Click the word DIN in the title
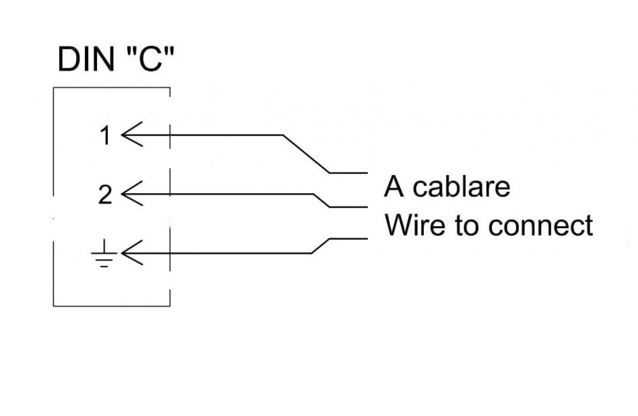[86, 59]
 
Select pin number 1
[106, 135]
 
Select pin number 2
[105, 194]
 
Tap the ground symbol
[104, 253]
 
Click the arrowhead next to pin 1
[132, 134]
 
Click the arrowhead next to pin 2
[132, 194]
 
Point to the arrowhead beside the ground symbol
[132, 253]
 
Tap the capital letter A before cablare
[394, 186]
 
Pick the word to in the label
[467, 226]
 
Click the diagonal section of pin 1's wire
[306, 154]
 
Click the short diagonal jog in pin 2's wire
[322, 200]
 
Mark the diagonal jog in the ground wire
[321, 246]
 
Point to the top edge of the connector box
[112, 87]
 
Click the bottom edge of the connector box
[112, 306]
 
